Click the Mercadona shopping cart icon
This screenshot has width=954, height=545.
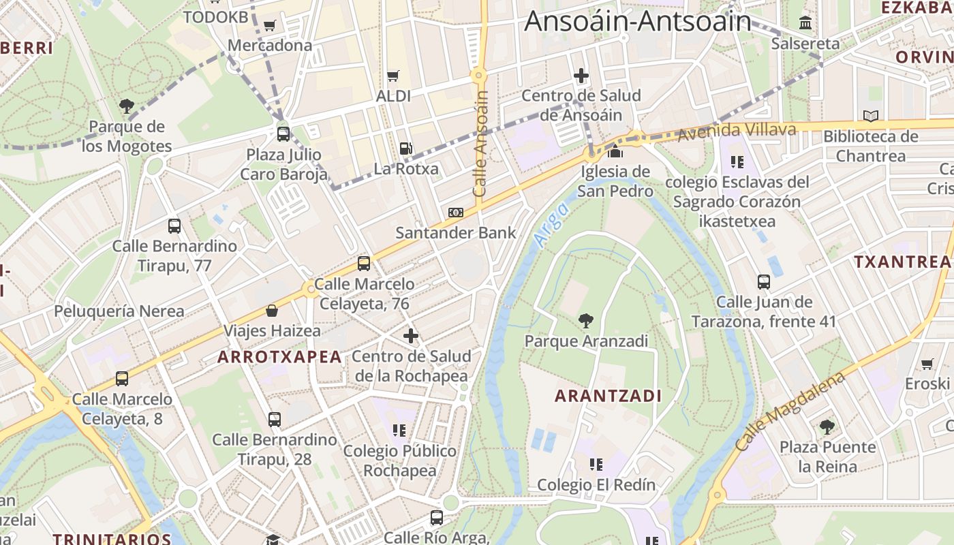point(269,26)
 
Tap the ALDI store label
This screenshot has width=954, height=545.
point(393,96)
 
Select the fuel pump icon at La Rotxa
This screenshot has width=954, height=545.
point(405,148)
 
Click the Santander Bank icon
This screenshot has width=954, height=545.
point(456,213)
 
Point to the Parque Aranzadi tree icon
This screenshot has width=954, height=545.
point(585,320)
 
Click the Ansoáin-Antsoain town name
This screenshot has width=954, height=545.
point(638,21)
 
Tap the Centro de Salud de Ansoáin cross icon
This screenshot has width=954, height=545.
point(581,75)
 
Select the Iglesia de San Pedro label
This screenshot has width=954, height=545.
point(615,181)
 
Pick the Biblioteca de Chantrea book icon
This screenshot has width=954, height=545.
point(870,116)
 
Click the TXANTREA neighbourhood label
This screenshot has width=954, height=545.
point(902,262)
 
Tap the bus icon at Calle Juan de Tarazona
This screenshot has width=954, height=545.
point(764,281)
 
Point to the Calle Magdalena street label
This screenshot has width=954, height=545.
point(790,411)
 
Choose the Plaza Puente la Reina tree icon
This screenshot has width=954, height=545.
point(827,427)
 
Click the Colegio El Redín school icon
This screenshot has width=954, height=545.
point(596,465)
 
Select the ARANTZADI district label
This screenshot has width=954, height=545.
point(608,396)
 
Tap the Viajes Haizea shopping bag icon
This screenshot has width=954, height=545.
point(272,311)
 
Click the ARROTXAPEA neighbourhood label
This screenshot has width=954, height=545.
point(279,356)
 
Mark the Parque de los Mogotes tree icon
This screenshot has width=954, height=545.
point(126,106)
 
